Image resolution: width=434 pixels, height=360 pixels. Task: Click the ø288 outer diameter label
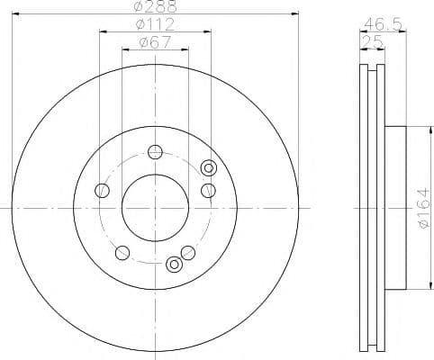(155, 6)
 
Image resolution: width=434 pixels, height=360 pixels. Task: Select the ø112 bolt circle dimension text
(155, 24)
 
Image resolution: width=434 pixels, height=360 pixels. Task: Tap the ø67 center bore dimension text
(155, 42)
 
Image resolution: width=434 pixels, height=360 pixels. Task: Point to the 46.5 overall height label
(383, 25)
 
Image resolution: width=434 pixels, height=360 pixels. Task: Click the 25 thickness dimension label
(372, 42)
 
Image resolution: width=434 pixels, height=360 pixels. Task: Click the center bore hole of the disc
(155, 208)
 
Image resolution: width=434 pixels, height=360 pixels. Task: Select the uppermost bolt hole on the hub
(155, 152)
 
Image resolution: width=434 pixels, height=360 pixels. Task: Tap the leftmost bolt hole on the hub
(102, 190)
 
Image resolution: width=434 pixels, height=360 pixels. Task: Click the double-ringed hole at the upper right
(209, 168)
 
